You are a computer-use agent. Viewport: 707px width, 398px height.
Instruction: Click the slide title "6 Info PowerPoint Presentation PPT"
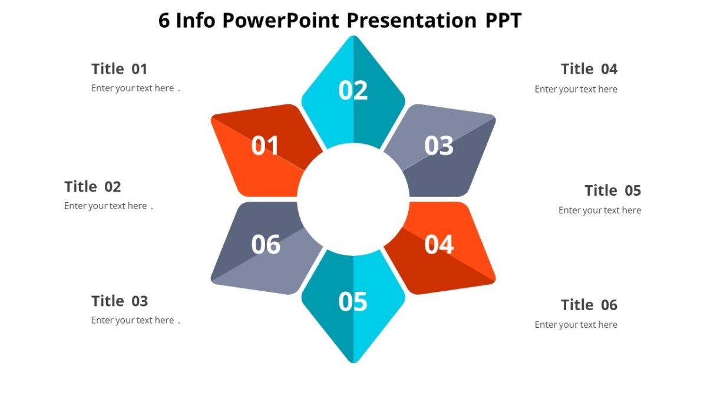pos(340,21)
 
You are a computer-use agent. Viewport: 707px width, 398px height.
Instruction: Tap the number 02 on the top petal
pos(353,90)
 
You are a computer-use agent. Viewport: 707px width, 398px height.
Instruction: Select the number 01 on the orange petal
pos(266,146)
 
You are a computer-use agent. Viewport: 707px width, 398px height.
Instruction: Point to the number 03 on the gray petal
pos(439,146)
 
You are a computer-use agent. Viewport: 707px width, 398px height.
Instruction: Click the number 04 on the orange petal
pos(439,244)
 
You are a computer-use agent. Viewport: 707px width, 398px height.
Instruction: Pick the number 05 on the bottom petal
pos(353,301)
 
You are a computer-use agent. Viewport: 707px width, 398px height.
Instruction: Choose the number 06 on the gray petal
pos(266,244)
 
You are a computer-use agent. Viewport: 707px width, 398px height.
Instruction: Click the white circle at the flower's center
pos(353,199)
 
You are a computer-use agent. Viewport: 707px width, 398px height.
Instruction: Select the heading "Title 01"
pos(119,69)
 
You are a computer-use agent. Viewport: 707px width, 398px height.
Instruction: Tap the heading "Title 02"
pos(92,187)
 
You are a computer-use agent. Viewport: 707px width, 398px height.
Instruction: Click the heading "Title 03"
pos(119,301)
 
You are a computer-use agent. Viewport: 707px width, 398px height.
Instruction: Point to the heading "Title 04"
pos(589,69)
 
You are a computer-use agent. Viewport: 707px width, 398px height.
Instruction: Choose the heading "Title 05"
pos(612,190)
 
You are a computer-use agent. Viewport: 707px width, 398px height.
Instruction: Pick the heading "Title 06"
pos(589,305)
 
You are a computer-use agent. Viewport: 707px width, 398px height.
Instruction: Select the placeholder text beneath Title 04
pos(576,89)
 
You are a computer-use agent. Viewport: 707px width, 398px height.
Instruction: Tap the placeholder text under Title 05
pos(599,210)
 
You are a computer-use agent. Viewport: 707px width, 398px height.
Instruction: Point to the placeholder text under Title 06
pos(576,324)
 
